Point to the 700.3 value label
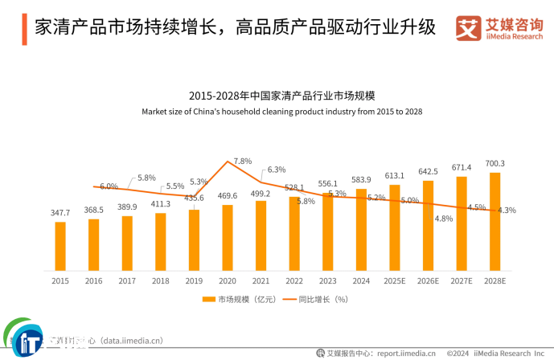click(495, 164)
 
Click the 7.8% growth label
click(243, 162)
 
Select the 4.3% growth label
click(507, 211)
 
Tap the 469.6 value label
click(228, 195)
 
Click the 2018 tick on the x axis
click(161, 280)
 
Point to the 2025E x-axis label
click(395, 280)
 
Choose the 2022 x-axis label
click(294, 280)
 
